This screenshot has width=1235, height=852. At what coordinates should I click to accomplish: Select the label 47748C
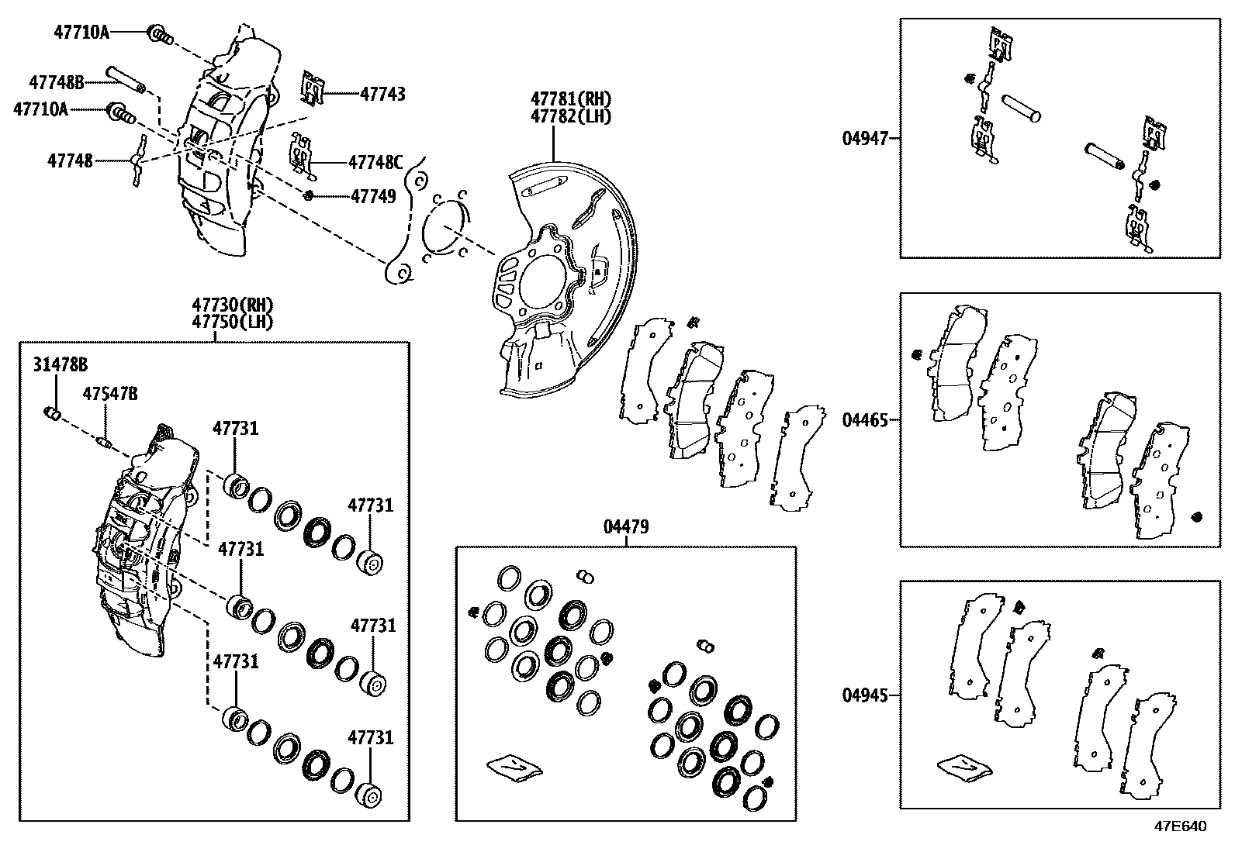(x=375, y=162)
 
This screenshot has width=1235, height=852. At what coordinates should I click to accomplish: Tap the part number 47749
(x=373, y=196)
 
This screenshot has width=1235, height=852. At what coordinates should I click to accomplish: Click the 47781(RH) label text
(x=571, y=99)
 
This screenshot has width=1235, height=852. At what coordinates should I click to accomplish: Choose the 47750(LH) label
(x=233, y=321)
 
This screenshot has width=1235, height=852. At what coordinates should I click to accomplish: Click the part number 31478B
(x=60, y=364)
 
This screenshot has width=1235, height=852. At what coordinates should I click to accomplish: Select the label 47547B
(x=110, y=394)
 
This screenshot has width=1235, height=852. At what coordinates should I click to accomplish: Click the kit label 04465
(x=865, y=420)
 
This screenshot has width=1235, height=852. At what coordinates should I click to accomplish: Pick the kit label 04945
(x=865, y=695)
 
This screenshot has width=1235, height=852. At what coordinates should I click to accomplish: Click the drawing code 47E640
(x=1181, y=826)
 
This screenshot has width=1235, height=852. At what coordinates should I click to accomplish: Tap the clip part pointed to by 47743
(x=313, y=89)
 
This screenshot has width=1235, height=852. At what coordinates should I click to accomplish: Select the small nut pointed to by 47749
(x=309, y=195)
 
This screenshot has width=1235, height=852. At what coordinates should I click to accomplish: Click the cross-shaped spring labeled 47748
(x=139, y=160)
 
